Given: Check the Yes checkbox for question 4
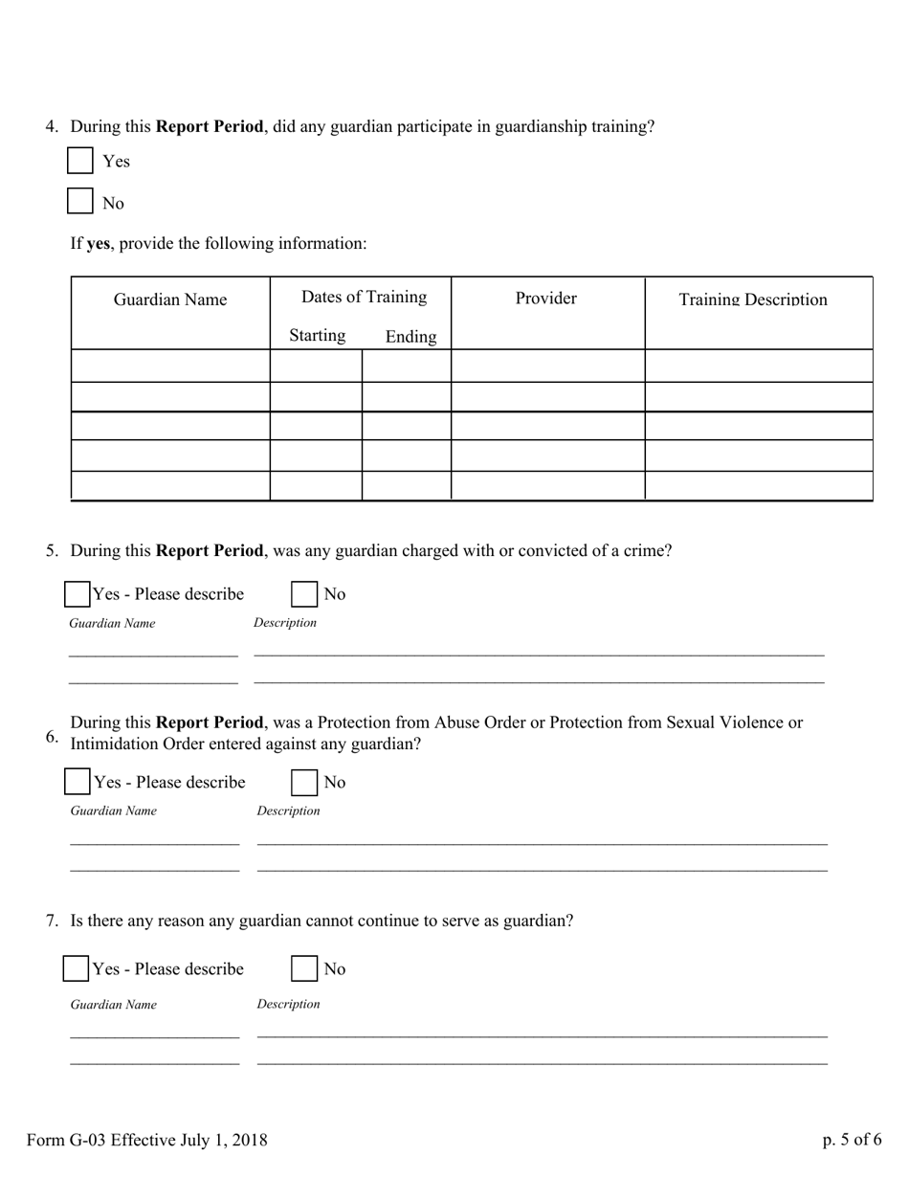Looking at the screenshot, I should pyautogui.click(x=80, y=161).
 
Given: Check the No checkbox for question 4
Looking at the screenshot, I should pyautogui.click(x=80, y=202).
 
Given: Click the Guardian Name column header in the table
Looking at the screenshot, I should pyautogui.click(x=170, y=300).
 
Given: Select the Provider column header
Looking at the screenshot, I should pyautogui.click(x=545, y=298).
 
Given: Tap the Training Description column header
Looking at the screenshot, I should pyautogui.click(x=753, y=300).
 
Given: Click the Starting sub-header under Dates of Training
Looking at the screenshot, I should pyautogui.click(x=317, y=335).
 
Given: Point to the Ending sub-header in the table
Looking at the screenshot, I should pyautogui.click(x=410, y=337).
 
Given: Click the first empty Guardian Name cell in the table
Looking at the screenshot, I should pyautogui.click(x=170, y=366).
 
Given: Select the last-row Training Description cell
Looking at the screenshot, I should pyautogui.click(x=759, y=485).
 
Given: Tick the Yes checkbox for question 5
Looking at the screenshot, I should pyautogui.click(x=78, y=594).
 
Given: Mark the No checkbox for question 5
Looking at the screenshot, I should pyautogui.click(x=304, y=594).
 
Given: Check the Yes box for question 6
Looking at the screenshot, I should pyautogui.click(x=78, y=782).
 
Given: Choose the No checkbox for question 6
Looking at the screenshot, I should pyautogui.click(x=304, y=782).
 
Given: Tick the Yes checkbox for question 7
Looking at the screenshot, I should pyautogui.click(x=77, y=968).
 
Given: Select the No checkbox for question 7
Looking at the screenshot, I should pyautogui.click(x=304, y=968).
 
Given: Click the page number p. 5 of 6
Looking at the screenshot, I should pyautogui.click(x=852, y=1140).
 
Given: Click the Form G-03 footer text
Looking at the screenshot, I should pyautogui.click(x=147, y=1140).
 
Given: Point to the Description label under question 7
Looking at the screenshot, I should pyautogui.click(x=288, y=1004).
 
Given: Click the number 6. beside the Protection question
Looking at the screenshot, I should pyautogui.click(x=53, y=736).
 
